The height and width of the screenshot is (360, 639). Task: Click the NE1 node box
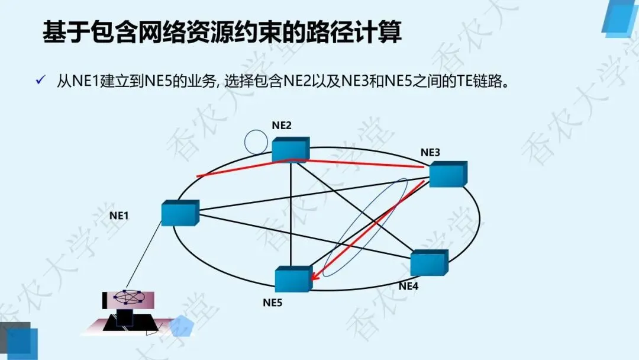click(180, 213)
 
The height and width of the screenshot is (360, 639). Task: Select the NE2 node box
click(291, 149)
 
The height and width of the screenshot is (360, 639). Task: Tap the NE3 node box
click(448, 173)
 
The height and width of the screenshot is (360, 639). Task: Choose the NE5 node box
click(293, 279)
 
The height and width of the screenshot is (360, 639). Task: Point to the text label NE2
click(282, 125)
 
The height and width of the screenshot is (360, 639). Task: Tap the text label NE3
click(430, 152)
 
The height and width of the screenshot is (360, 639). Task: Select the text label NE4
click(408, 286)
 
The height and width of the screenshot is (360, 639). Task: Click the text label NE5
click(273, 303)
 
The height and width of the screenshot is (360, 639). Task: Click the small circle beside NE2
click(256, 141)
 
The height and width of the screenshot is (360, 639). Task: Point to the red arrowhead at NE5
click(315, 275)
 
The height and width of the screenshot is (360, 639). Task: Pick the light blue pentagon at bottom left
click(181, 326)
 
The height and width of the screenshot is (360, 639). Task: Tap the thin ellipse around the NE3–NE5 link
click(367, 227)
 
